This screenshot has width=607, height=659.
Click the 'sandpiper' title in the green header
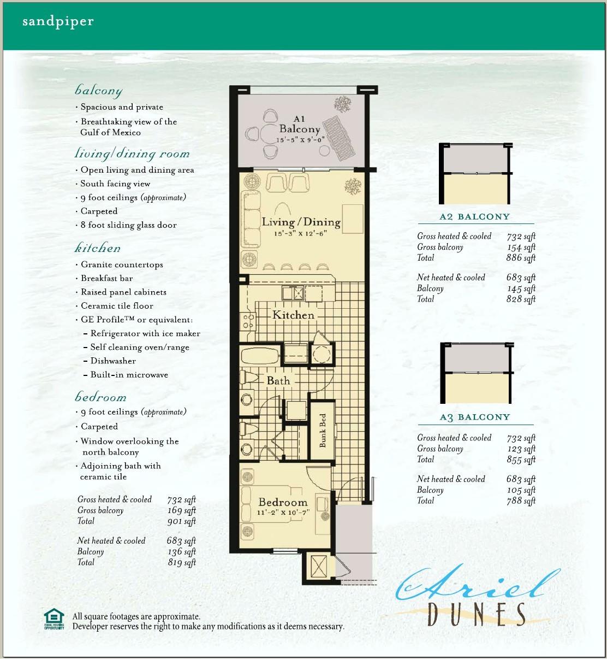click(58, 22)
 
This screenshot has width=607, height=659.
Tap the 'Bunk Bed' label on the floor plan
click(323, 431)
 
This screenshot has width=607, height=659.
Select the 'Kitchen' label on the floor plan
click(293, 315)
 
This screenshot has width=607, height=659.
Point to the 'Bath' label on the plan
click(278, 380)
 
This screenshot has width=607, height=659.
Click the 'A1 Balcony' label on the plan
click(299, 125)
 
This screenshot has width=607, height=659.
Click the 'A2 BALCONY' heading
click(474, 216)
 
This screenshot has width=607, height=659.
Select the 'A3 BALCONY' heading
click(474, 417)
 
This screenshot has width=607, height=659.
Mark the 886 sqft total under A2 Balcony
click(521, 258)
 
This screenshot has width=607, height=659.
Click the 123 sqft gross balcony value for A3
click(521, 449)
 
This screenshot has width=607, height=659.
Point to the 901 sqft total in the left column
click(182, 521)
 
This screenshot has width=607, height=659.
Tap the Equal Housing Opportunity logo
click(54, 619)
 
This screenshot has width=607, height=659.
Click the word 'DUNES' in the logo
click(477, 614)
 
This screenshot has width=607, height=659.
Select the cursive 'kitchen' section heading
click(98, 248)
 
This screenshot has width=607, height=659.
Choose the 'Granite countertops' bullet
click(122, 264)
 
